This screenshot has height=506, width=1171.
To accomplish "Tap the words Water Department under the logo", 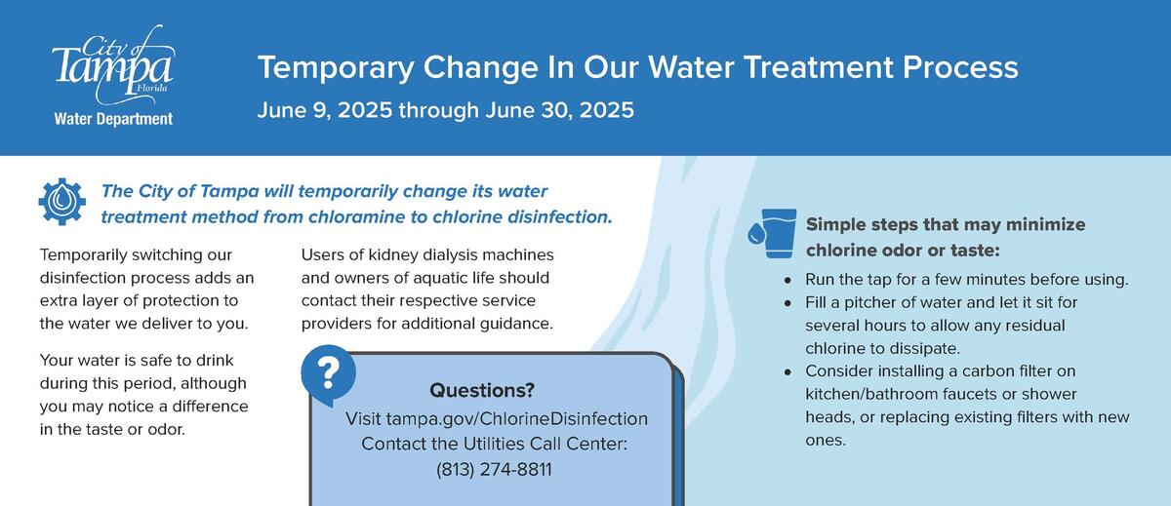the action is pos(113,120).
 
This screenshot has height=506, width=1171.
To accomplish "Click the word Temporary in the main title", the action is pos(335,68).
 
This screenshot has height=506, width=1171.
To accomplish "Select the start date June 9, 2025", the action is pos(325,110).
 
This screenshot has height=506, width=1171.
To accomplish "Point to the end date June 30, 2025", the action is pos(559,110).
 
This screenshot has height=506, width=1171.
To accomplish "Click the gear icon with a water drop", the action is pos(62,202).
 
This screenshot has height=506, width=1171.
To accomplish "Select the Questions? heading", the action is pos(482,390).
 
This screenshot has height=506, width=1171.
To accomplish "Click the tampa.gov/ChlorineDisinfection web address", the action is pos(517,418).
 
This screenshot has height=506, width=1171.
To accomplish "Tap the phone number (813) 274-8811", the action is pos(494,469).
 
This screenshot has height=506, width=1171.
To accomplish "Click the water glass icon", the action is pos(773,233).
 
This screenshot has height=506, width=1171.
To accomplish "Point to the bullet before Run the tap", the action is pos(787,281).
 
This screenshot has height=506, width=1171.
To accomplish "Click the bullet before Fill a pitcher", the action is pos(787,304).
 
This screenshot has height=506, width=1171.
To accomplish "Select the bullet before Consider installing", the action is pos(787,372).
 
